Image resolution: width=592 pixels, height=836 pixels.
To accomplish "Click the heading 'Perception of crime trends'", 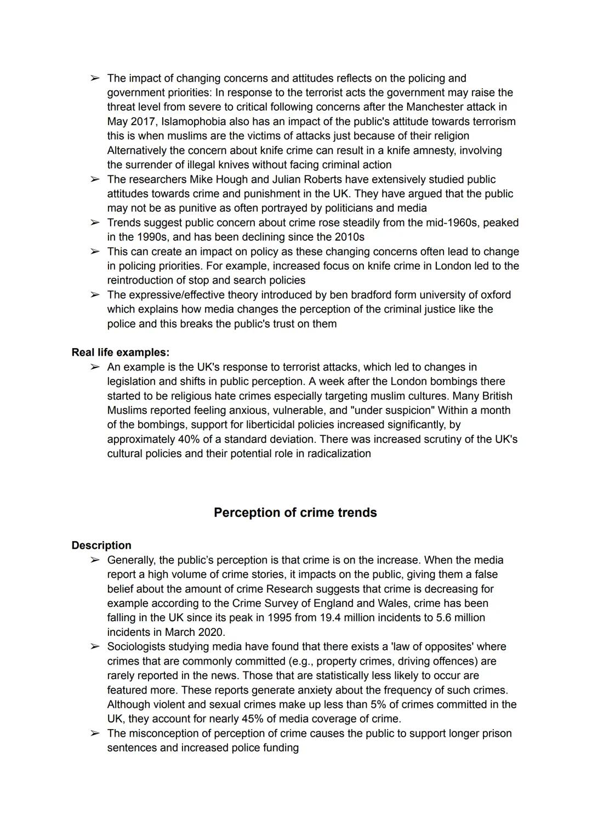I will point(295,513).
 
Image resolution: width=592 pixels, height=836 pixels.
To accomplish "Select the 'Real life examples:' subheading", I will point(121,352).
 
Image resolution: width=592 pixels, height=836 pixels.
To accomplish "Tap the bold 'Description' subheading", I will point(101,545).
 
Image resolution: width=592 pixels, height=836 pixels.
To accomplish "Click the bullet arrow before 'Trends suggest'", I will point(95,223).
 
